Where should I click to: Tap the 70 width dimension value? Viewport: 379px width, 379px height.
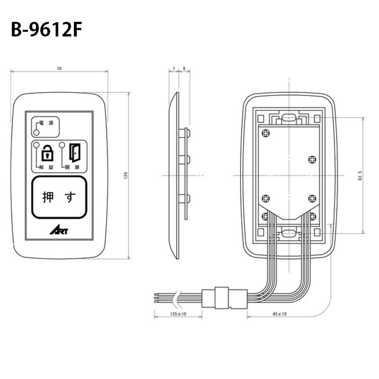[59, 69]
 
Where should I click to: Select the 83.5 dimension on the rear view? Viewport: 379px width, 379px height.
[361, 176]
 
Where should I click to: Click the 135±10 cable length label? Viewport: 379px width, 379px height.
[179, 314]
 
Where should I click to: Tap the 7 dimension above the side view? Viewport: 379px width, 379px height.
[173, 69]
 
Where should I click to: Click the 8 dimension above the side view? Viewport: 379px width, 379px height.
[183, 69]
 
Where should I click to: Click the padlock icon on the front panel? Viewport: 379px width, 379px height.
[48, 153]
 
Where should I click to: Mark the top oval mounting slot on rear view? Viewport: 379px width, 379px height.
[287, 117]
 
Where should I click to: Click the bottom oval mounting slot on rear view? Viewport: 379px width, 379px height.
[287, 233]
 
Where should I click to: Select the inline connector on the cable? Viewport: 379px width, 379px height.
[224, 297]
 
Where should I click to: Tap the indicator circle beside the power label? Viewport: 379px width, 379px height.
[36, 132]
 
